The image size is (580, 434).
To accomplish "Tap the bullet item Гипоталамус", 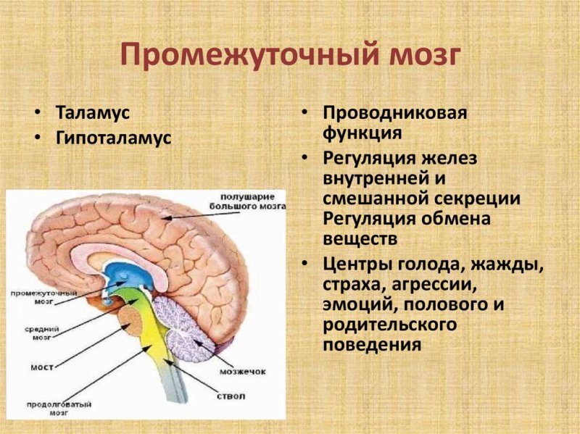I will click(x=114, y=138).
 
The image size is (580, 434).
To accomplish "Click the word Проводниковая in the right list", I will click(x=394, y=113).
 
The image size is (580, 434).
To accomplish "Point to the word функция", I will click(x=362, y=133).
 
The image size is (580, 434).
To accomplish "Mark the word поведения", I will click(x=372, y=344).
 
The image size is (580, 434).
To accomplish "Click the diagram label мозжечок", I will click(x=244, y=371).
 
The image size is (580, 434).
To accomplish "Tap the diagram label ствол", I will click(x=230, y=396).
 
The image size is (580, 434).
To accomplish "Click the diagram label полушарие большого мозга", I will click(x=253, y=201).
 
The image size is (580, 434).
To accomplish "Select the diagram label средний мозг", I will click(x=41, y=333).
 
